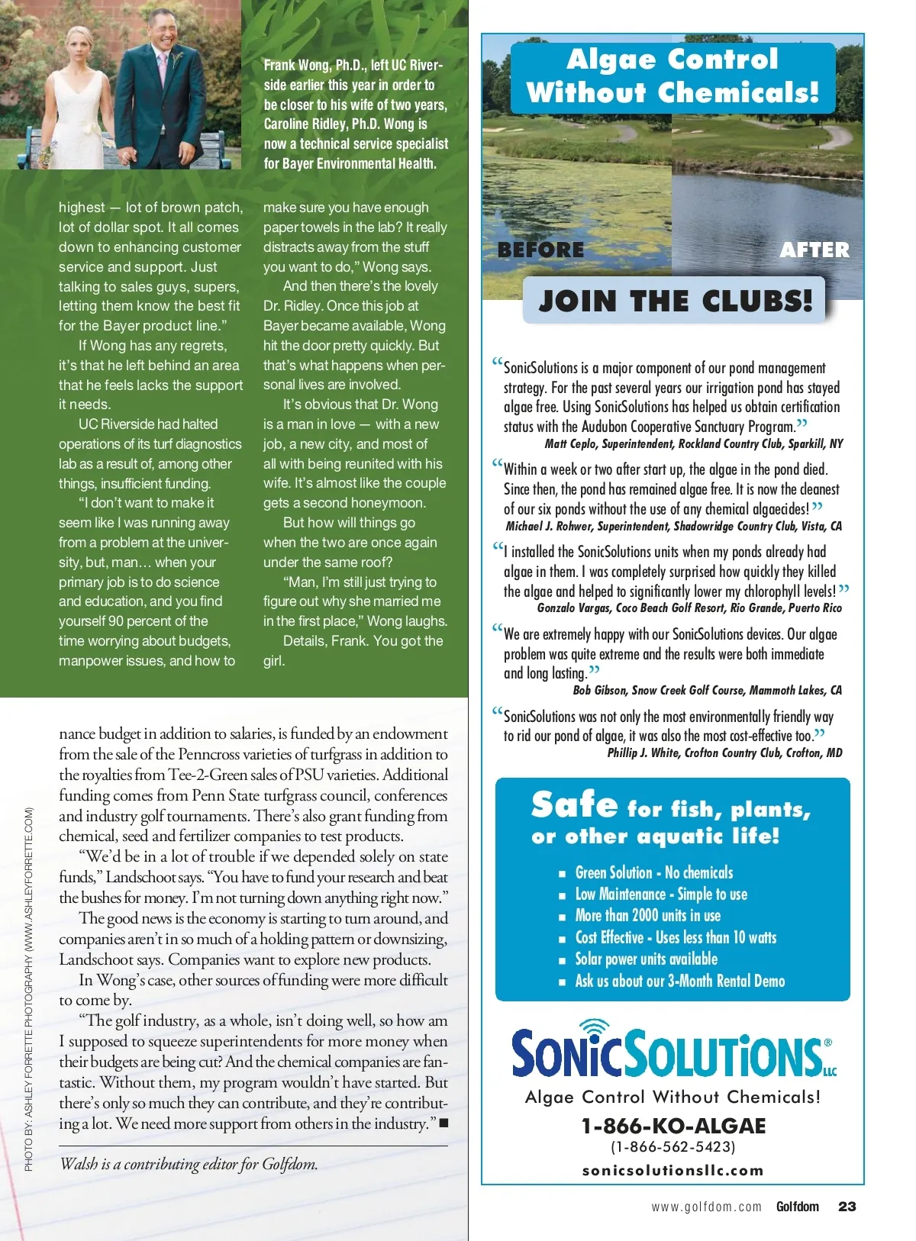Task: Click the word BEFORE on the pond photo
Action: coord(540,250)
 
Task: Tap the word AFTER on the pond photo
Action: coord(814,250)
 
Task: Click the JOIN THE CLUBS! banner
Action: coord(675,301)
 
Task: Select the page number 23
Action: coord(847,1207)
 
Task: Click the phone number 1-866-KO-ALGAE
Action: coord(673,1126)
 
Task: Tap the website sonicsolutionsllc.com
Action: coord(672,1170)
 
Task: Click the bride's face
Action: coord(79,47)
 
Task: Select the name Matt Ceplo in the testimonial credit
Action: coord(571,443)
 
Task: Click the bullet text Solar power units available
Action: coord(646,959)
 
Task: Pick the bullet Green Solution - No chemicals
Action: coord(653,872)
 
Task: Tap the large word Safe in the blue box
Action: coord(574,806)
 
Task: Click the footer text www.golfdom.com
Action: coord(706,1207)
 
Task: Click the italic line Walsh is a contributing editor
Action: coord(189,1164)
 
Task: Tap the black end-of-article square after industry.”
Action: coord(443,1123)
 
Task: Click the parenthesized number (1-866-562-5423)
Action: coord(672,1147)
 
